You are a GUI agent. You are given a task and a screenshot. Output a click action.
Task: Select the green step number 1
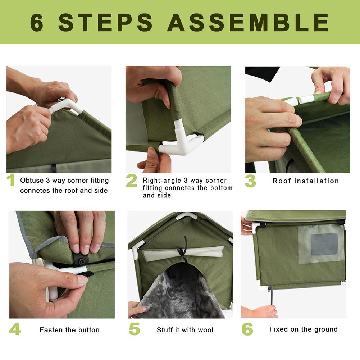(11, 181)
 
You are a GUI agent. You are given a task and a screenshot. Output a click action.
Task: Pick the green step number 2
(131, 181)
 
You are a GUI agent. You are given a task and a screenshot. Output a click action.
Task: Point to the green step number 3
(250, 181)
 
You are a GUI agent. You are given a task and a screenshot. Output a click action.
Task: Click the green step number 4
(15, 329)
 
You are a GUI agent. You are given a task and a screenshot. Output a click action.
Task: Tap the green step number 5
(134, 329)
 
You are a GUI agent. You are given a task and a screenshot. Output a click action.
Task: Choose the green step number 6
(247, 329)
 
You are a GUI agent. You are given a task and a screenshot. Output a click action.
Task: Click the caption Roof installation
(306, 181)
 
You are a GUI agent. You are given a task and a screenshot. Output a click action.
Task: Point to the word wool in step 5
(205, 330)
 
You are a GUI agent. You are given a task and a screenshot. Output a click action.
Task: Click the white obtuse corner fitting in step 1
(67, 105)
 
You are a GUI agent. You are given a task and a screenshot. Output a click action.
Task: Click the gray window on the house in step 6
(324, 244)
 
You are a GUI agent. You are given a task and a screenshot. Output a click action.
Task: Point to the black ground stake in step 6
(270, 295)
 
